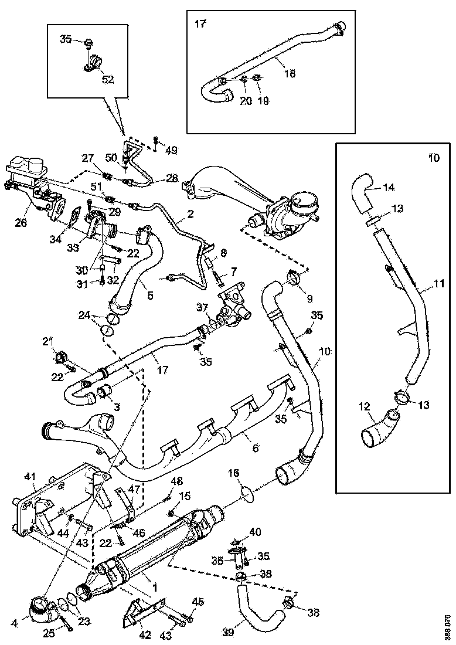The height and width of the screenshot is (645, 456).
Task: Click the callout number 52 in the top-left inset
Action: click(91, 79)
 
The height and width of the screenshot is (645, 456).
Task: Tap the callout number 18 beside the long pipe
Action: click(289, 73)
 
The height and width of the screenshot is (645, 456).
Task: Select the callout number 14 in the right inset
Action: click(389, 188)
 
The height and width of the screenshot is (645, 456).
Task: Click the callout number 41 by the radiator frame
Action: click(30, 476)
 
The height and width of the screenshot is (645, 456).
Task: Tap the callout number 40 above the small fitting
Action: click(254, 532)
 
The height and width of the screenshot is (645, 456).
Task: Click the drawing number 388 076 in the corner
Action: click(448, 627)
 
